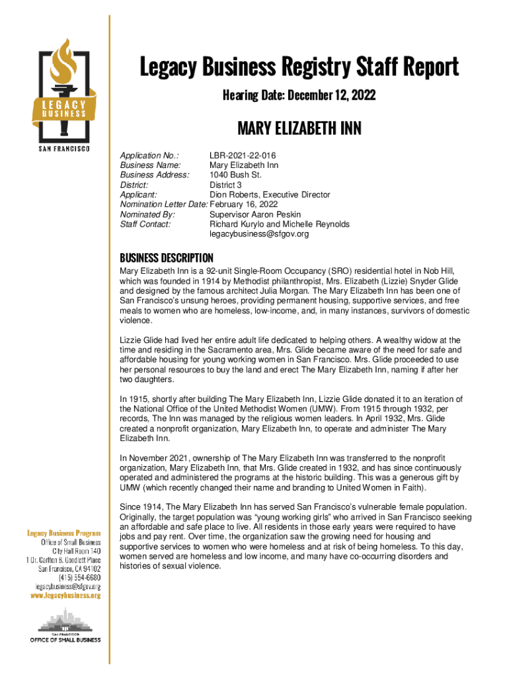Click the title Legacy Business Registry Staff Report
pyautogui.click(x=298, y=67)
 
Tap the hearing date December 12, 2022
pyautogui.click(x=298, y=96)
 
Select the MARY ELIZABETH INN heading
pyautogui.click(x=299, y=128)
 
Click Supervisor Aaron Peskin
pyautogui.click(x=255, y=215)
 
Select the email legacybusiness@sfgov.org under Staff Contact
pyautogui.click(x=259, y=234)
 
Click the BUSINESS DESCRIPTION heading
pyautogui.click(x=166, y=258)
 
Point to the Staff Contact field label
pyautogui.click(x=145, y=224)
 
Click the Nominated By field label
pyautogui.click(x=147, y=215)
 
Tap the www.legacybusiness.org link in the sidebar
pyautogui.click(x=65, y=596)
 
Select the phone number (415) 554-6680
pyautogui.click(x=79, y=577)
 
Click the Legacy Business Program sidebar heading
pyautogui.click(x=63, y=533)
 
